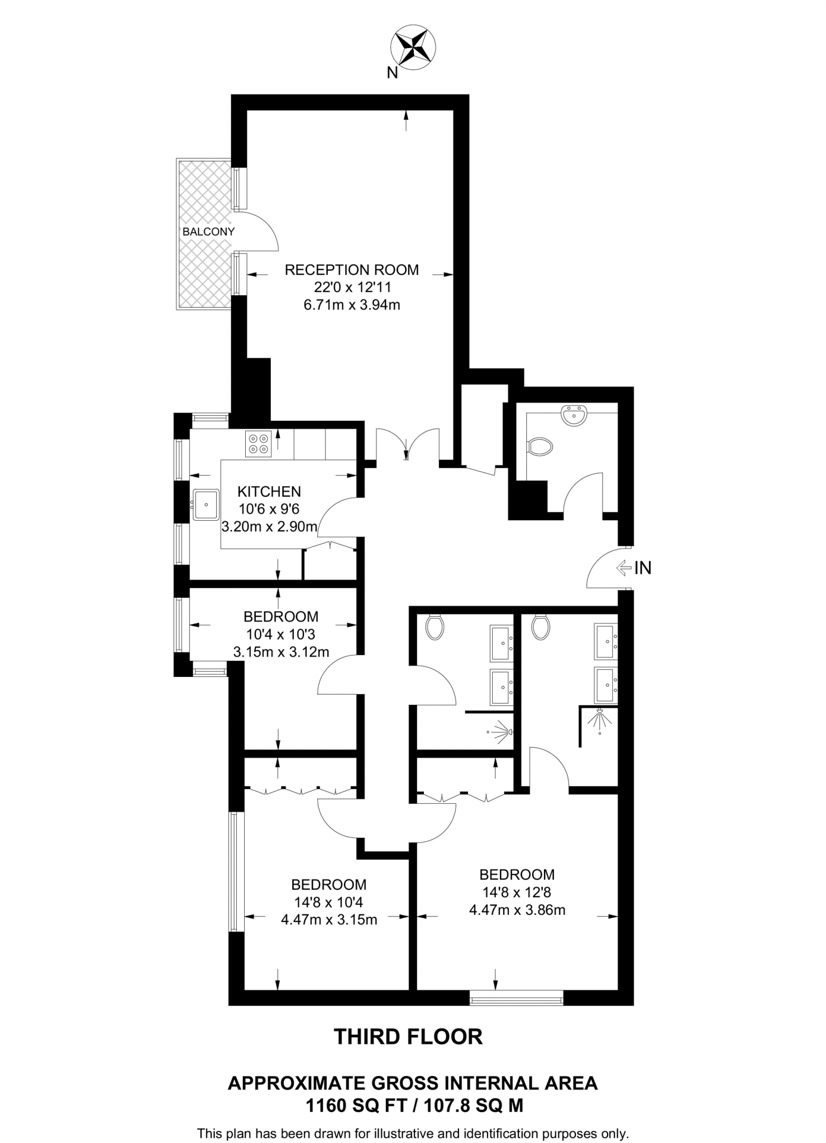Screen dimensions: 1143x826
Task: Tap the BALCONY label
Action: (x=208, y=232)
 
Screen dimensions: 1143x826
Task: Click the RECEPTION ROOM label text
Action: (x=351, y=270)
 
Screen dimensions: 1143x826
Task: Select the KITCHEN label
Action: (x=269, y=492)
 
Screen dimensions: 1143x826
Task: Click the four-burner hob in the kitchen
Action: (x=258, y=443)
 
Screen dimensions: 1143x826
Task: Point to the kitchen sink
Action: (x=206, y=505)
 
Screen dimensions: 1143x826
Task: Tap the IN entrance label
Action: (x=643, y=568)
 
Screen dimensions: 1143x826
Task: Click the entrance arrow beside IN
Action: (x=623, y=568)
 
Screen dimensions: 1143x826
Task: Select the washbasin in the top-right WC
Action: (x=574, y=416)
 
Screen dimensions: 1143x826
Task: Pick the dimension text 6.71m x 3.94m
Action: (x=351, y=305)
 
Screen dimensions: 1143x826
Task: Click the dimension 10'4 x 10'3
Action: (x=280, y=634)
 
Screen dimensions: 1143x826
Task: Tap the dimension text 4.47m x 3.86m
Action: (x=517, y=910)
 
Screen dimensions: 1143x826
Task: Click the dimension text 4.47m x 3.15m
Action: (x=329, y=920)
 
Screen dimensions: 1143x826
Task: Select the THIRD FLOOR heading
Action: (x=408, y=1036)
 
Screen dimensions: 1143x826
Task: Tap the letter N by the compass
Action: (x=393, y=73)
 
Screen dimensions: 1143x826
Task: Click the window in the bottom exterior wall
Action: (x=516, y=997)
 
